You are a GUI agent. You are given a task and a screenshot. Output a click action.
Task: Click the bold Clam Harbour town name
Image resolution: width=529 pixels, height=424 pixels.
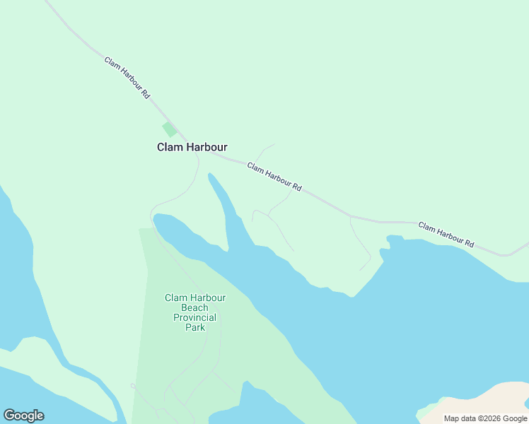coord(192,147)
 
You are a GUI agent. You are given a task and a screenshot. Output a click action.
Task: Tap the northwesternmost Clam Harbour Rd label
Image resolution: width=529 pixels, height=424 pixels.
coord(127,77)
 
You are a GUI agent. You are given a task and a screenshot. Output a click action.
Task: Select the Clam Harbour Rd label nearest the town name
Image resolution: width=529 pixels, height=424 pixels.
coord(274,177)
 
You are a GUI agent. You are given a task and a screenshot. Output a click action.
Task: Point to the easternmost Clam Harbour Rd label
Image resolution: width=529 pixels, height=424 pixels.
coord(446,235)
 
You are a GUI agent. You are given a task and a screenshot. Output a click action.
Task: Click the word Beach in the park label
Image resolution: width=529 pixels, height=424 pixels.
coord(194,307)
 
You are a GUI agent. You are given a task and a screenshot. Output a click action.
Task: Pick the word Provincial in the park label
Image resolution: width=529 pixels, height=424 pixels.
coord(194,317)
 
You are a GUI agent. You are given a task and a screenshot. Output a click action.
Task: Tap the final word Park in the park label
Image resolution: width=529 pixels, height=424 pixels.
coord(194,327)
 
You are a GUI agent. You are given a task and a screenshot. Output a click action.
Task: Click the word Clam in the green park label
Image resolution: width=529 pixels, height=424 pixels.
coord(176,298)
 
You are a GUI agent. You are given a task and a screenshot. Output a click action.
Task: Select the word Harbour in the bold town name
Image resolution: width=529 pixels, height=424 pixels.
coord(207,147)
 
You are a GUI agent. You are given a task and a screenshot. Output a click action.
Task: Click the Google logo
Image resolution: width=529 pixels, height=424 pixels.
coord(23,416)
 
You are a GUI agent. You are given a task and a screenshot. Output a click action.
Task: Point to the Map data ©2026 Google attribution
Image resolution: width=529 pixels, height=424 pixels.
coord(485,418)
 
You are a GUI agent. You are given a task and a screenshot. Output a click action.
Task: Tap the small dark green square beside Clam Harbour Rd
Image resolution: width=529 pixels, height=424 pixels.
coord(169,129)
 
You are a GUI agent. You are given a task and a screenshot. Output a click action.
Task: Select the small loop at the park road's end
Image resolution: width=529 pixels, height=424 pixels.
coord(133,386)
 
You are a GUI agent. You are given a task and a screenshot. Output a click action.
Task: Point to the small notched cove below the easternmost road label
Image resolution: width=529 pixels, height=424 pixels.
coord(385,246)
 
